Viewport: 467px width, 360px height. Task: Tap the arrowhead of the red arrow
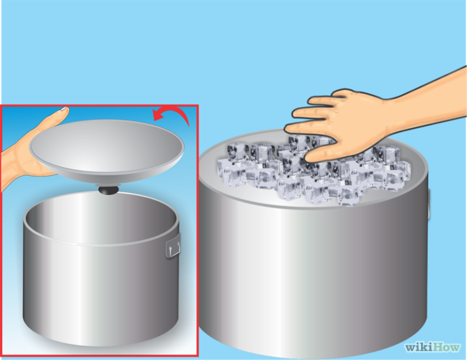coord(157,113)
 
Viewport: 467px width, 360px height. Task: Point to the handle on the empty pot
coord(172,247)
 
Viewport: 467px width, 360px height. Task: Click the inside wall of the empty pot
coord(98,219)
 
